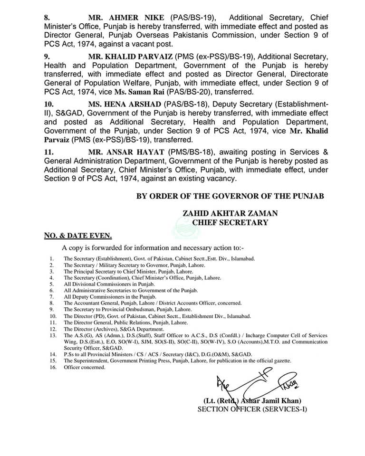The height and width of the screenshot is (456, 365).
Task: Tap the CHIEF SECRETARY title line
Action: click(x=230, y=222)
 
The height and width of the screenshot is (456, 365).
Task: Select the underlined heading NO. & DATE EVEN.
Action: click(x=75, y=235)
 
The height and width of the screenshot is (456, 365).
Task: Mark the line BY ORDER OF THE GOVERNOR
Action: click(x=230, y=196)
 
